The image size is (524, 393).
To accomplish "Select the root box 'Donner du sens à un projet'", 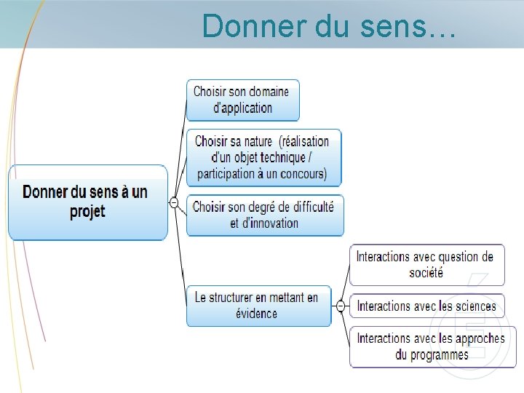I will (87, 202).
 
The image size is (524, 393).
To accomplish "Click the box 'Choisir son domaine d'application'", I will (242, 100).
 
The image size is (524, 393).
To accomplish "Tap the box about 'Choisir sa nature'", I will (263, 157).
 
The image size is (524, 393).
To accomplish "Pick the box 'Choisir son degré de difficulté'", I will (264, 215).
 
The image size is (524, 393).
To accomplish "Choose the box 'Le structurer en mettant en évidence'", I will (257, 306).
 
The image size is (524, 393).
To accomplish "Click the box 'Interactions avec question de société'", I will (426, 264).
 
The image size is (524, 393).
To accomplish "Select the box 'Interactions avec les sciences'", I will (426, 306).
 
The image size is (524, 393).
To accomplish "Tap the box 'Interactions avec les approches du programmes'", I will (427, 346).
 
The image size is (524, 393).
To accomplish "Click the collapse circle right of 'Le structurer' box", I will (341, 306).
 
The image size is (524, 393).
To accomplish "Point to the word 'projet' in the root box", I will (87, 212).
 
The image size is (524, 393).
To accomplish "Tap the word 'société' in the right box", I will (426, 273).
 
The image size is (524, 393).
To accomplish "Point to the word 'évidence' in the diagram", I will (256, 314).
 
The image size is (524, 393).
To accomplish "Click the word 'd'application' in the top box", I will (242, 108).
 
